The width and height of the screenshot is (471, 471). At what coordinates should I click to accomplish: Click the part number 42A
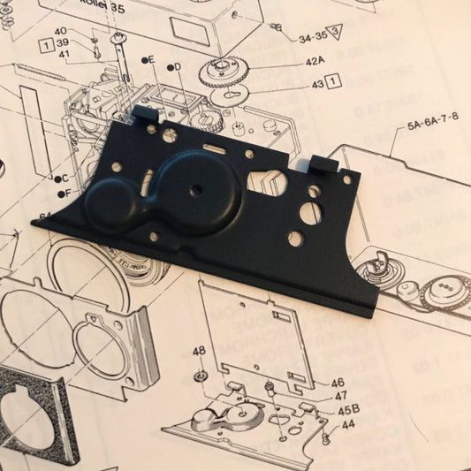(x=315, y=62)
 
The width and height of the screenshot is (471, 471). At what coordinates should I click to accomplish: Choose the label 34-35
(x=314, y=37)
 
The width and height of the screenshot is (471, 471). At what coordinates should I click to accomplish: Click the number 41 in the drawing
(x=64, y=55)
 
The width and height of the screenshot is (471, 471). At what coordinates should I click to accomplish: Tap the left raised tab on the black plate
(x=146, y=115)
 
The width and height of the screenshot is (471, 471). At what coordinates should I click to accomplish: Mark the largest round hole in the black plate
(x=308, y=212)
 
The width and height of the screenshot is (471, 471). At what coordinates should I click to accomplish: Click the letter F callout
(x=63, y=193)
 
